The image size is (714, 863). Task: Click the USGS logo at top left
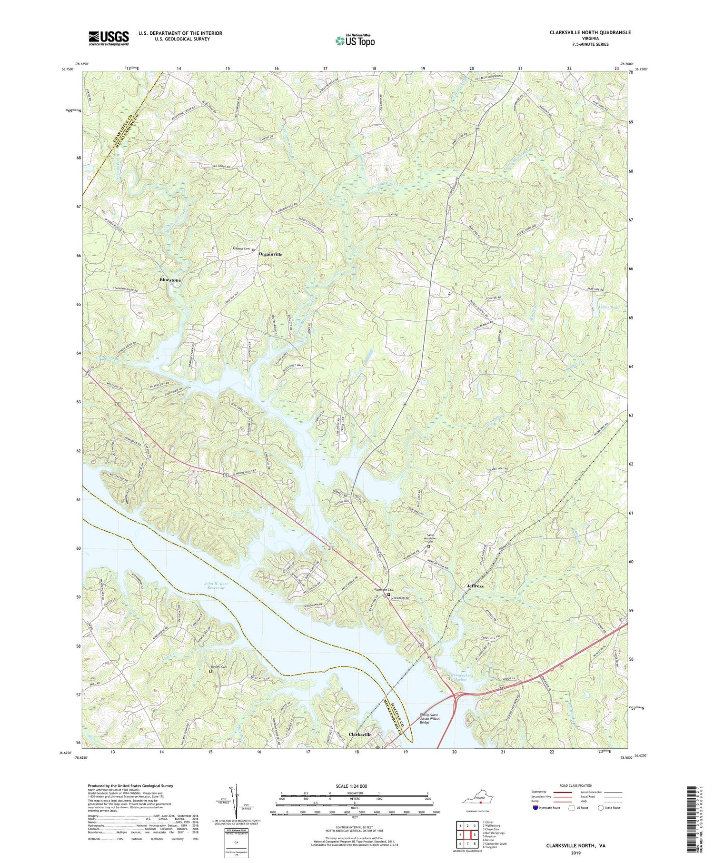point(109,39)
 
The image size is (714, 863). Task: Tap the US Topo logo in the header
point(355,40)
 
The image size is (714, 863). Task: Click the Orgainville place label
point(270,254)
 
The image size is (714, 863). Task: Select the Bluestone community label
point(170,280)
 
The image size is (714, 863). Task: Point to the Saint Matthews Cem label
point(431,539)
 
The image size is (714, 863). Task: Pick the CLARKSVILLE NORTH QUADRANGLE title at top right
point(584,32)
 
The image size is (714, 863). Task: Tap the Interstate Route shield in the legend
point(535,808)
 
